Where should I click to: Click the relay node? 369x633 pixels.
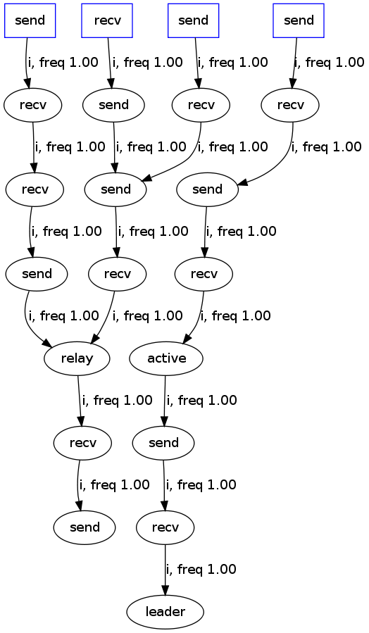click(77, 358)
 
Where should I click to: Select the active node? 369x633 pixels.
click(166, 358)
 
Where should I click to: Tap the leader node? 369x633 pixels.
click(165, 611)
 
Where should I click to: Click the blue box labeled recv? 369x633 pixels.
click(107, 20)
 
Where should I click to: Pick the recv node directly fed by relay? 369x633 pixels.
click(83, 443)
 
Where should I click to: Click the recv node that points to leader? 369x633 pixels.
click(165, 527)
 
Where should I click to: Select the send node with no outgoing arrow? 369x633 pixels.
click(85, 527)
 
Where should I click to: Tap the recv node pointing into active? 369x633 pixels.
click(205, 274)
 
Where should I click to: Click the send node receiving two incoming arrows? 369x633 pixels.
click(115, 189)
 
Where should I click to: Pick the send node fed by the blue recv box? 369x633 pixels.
click(113, 105)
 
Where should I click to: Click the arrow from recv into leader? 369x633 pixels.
click(165, 569)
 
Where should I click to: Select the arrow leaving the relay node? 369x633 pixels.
click(80, 400)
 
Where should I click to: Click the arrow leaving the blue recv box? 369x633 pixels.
click(110, 62)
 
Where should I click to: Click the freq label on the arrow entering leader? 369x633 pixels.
click(201, 569)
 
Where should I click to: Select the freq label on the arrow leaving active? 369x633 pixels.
click(201, 400)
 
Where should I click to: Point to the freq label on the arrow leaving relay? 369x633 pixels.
click(117, 400)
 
